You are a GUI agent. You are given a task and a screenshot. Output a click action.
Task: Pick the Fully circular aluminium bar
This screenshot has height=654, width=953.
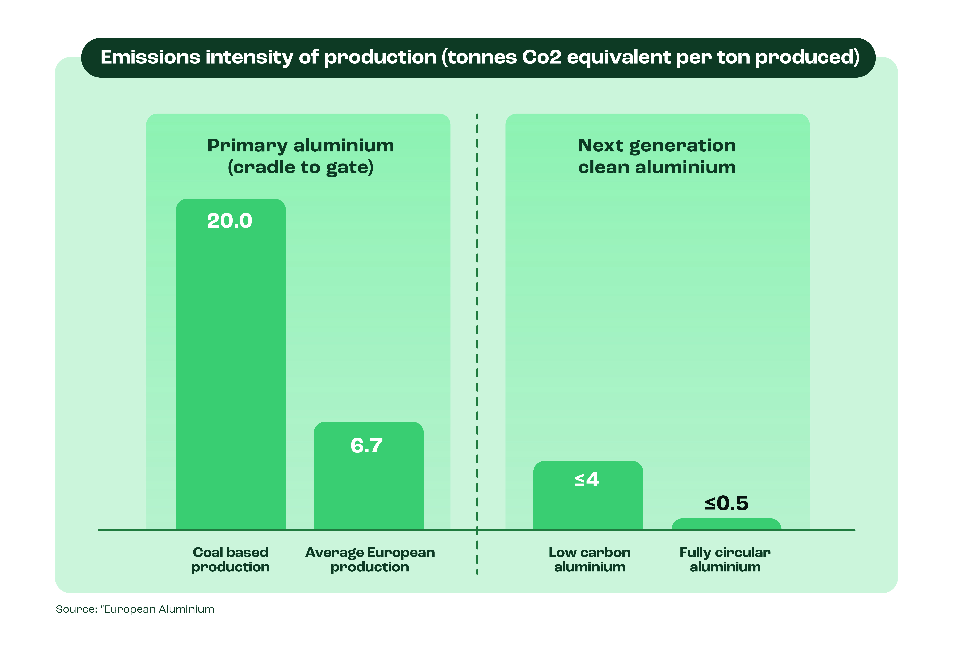726,525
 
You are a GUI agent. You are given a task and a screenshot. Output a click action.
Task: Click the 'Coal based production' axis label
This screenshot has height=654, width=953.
231,560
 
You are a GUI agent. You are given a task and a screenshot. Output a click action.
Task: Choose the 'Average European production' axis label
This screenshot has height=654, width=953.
370,560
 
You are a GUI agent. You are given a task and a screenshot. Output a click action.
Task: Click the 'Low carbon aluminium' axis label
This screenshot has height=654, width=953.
590,560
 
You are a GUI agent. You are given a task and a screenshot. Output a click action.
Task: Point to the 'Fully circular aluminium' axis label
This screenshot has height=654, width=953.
725,560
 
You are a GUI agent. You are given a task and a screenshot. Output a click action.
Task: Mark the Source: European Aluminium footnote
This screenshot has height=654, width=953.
135,609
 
